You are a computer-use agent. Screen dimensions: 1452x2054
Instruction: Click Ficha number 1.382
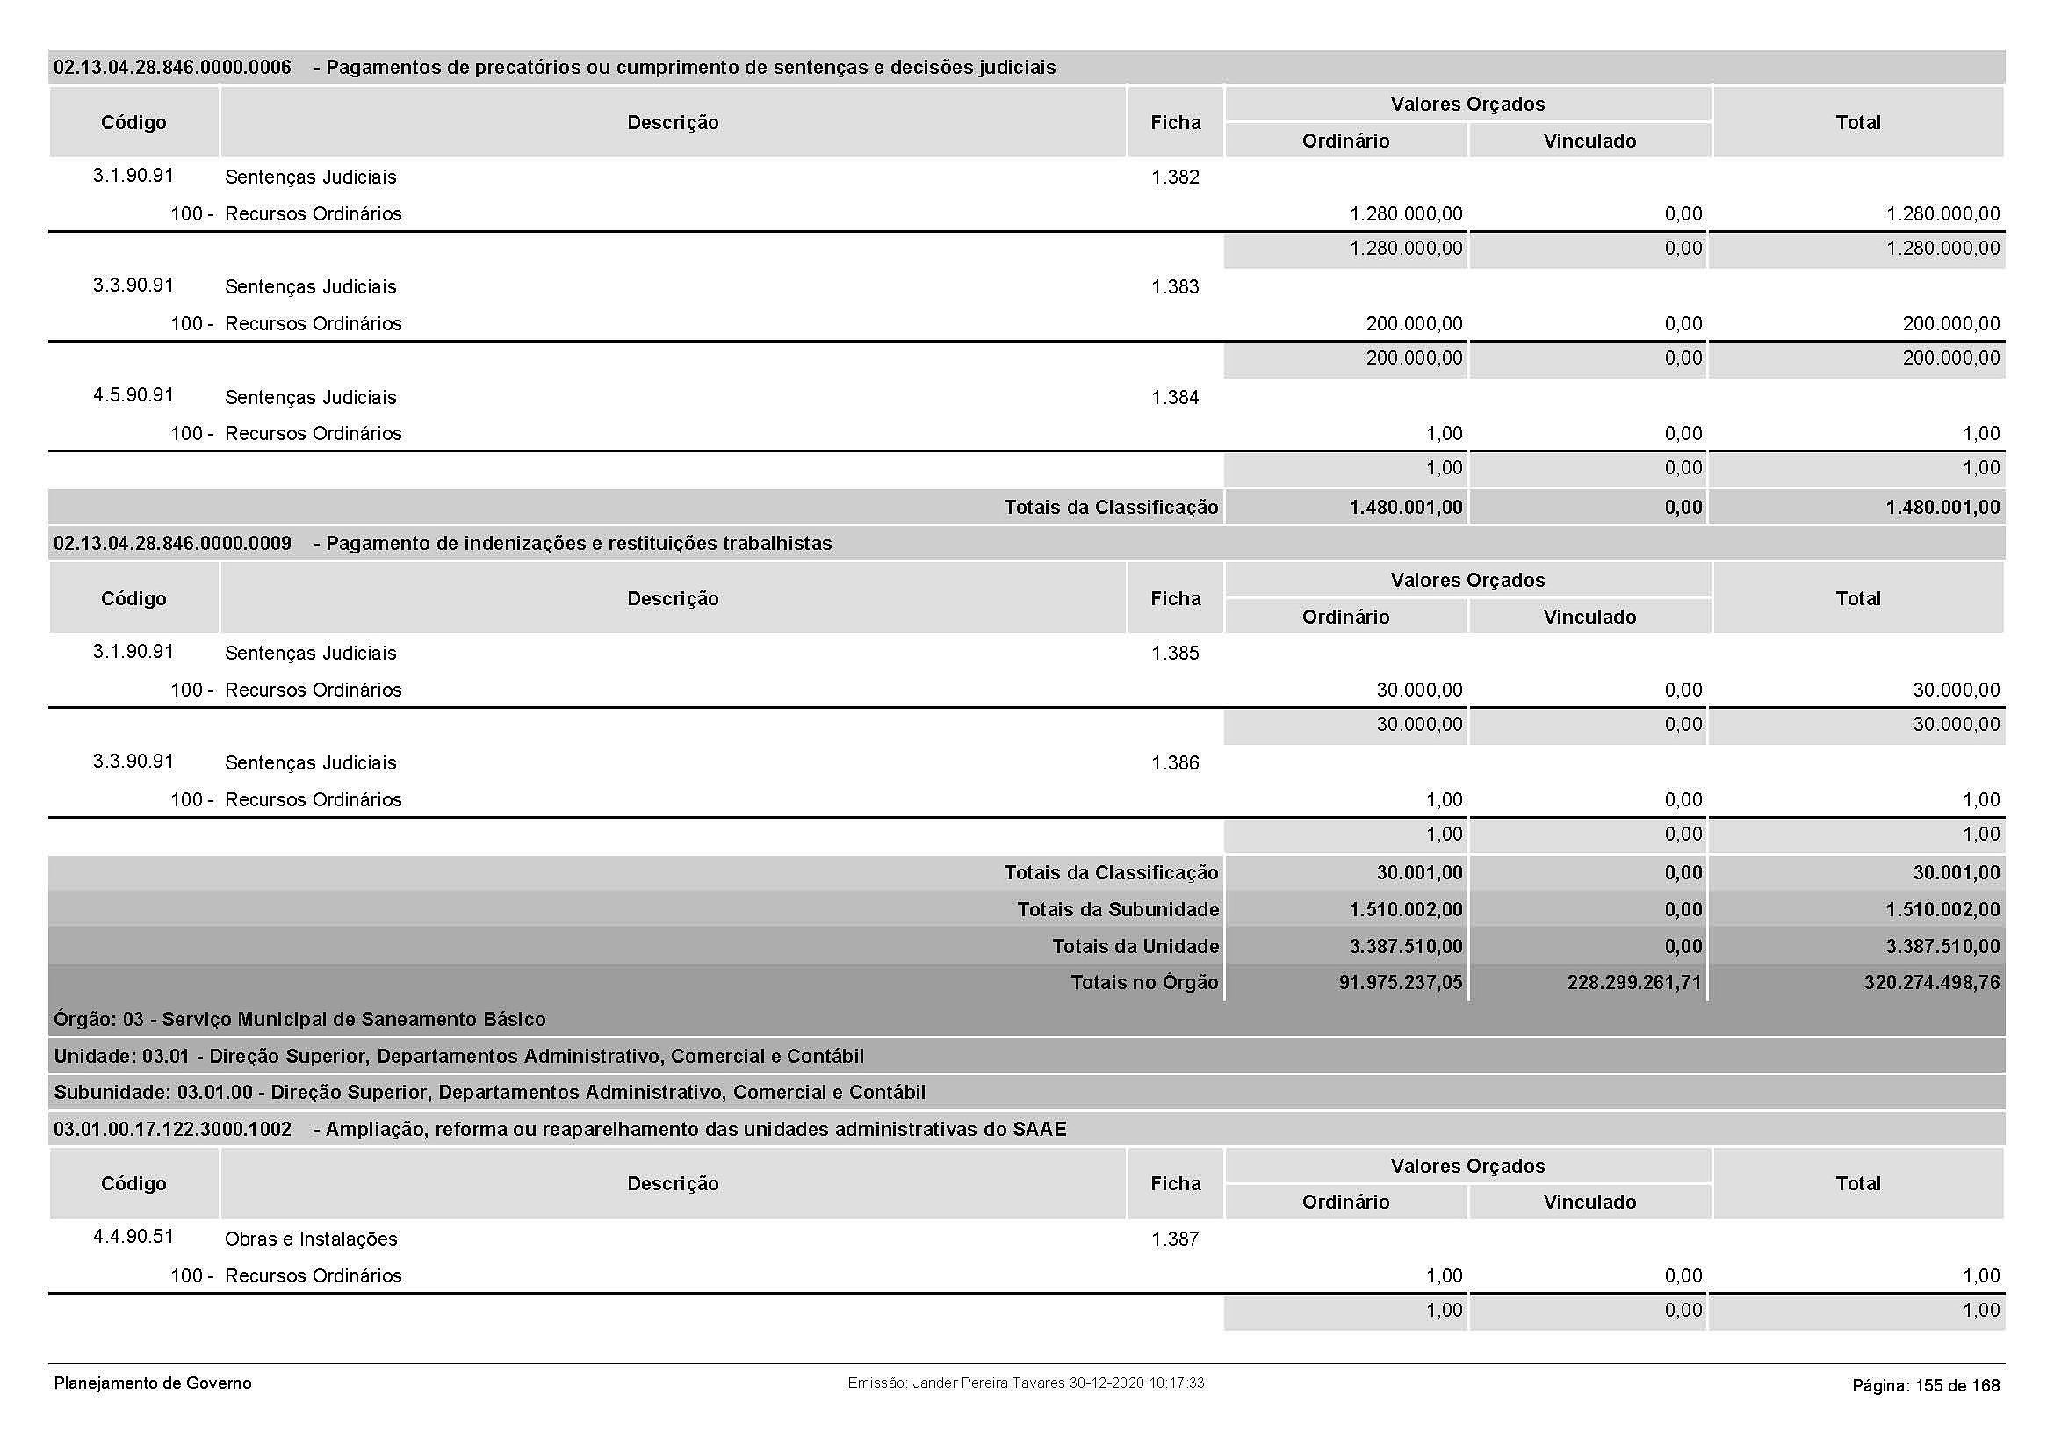click(1175, 177)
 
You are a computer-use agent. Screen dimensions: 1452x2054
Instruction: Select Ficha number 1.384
click(1175, 397)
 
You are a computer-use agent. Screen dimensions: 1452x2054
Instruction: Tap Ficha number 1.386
click(1175, 763)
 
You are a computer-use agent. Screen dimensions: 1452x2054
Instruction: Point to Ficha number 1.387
click(1175, 1239)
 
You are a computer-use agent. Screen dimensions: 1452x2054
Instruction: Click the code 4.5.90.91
click(133, 395)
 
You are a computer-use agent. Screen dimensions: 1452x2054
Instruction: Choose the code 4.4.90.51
click(133, 1237)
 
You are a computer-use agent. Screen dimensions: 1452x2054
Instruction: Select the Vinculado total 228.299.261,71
click(1633, 982)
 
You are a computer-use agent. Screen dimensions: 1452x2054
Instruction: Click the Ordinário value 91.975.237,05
click(1400, 982)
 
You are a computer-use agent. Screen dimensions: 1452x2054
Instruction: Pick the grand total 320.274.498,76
click(1931, 982)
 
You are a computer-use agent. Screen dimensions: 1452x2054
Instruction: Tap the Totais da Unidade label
click(1135, 947)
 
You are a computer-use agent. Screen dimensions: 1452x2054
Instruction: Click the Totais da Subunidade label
click(1117, 910)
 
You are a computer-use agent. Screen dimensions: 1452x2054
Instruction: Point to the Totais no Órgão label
click(1144, 982)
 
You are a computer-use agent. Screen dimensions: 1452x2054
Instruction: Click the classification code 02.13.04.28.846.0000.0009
click(173, 544)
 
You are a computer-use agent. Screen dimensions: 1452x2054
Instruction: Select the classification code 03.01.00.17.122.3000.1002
click(173, 1130)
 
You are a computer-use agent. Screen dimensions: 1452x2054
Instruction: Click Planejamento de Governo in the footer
click(153, 1383)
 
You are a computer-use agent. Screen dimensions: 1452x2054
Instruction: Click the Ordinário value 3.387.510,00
click(1405, 947)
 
